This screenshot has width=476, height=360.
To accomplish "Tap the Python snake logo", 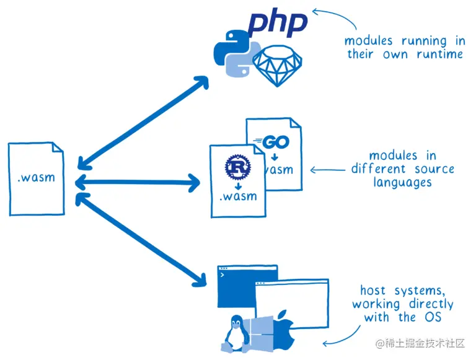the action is click(x=237, y=54).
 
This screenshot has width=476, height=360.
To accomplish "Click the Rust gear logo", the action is click(x=238, y=167).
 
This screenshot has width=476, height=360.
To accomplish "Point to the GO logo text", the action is click(x=271, y=142).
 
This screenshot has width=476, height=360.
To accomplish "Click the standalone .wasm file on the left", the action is click(x=37, y=179).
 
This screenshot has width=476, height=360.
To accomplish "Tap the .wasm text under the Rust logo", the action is click(x=238, y=196).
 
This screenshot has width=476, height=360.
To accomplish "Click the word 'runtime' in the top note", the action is click(x=439, y=55).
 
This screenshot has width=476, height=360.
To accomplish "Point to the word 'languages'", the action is click(x=402, y=182).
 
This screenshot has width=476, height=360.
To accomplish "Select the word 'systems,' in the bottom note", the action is click(x=420, y=291).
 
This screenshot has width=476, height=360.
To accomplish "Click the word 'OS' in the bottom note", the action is click(x=433, y=317).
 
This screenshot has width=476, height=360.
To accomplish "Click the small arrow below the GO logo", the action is click(x=275, y=157).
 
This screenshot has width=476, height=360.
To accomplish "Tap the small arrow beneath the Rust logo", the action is click(x=238, y=186).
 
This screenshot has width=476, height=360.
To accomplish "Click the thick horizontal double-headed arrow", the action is click(x=138, y=183).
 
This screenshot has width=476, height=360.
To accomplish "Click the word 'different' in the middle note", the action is click(x=378, y=168).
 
